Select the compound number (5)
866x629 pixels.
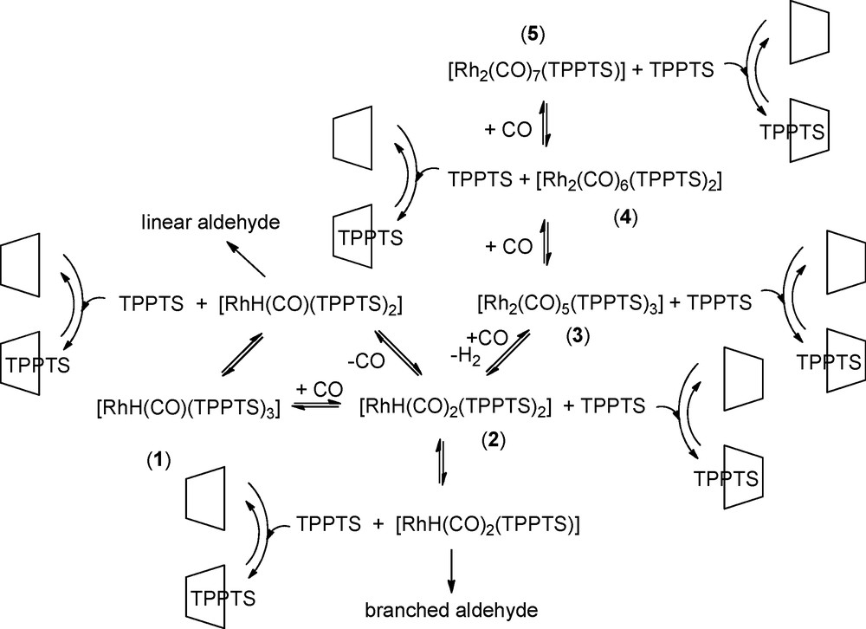click(532, 37)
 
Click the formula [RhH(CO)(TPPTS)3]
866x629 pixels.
click(189, 405)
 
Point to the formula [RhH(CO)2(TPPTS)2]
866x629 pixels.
click(455, 405)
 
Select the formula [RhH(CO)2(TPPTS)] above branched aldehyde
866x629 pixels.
click(488, 524)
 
